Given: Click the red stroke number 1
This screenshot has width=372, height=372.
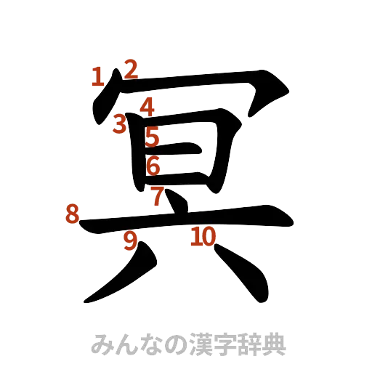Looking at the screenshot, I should point(96,76).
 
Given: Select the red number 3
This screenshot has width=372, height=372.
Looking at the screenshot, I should point(120,124).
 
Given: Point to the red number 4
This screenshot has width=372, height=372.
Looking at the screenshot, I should point(147,107).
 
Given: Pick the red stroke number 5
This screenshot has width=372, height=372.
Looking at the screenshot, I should point(152,137).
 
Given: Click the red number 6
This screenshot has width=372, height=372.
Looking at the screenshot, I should point(153,166).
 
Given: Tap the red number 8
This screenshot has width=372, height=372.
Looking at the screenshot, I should point(72,214).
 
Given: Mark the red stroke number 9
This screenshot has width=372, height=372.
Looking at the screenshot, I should point(131,240).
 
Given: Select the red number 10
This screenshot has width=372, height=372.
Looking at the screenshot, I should point(203,236).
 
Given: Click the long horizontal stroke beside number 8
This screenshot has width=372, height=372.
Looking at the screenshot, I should point(189,219).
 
